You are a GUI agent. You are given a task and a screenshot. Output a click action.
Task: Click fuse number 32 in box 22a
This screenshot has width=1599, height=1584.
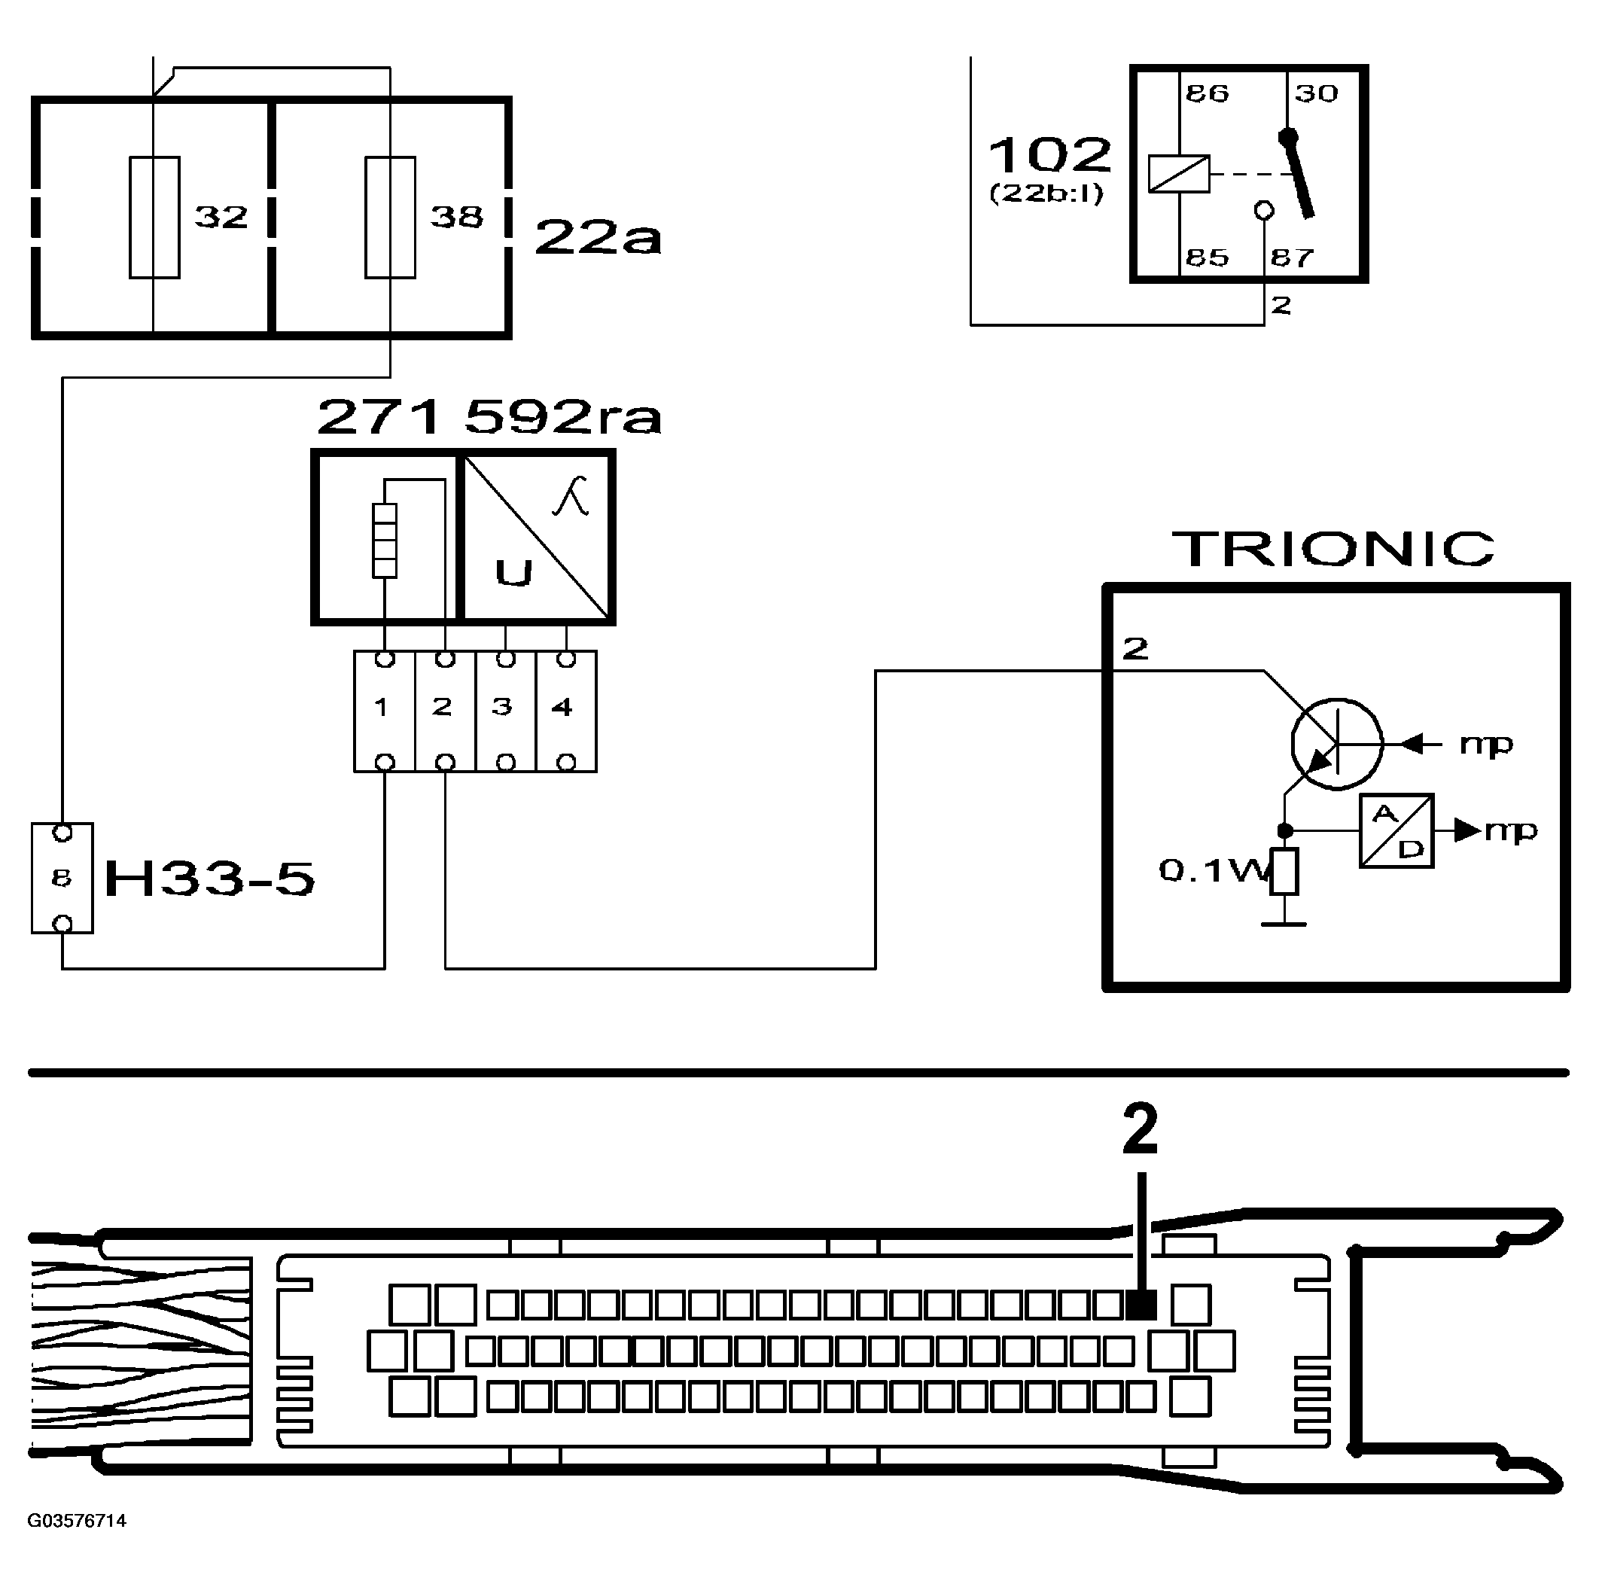coord(156,217)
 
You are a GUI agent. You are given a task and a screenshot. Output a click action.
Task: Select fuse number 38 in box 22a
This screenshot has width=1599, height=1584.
coord(391,217)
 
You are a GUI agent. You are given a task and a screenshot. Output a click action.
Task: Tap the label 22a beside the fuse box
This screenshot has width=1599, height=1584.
coord(598,237)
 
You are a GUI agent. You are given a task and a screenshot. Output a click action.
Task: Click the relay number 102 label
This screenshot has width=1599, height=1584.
coord(1049,155)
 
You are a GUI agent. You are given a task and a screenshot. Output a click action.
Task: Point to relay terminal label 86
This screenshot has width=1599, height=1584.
coord(1207,93)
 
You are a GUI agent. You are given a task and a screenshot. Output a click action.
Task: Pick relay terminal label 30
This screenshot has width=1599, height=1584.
coord(1316,93)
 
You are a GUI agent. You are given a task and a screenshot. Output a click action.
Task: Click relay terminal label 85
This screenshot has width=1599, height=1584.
coord(1207,258)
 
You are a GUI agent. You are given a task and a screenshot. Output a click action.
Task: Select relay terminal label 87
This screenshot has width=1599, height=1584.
coord(1292,258)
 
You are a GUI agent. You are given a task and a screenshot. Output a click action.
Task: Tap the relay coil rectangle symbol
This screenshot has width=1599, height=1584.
coord(1179,174)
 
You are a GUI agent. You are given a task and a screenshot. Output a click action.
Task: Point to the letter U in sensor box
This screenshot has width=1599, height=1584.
coord(513,573)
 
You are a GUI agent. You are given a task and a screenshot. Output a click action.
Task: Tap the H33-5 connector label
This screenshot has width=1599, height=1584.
coord(209,879)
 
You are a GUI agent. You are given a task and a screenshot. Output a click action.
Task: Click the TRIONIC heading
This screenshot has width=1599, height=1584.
coord(1333,549)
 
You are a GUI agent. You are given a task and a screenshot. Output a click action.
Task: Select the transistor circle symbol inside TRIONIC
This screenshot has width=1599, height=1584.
coord(1336,743)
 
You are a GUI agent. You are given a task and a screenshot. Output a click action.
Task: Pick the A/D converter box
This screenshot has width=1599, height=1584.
coord(1396,831)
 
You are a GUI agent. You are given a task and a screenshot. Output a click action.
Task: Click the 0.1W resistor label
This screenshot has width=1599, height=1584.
coord(1210,870)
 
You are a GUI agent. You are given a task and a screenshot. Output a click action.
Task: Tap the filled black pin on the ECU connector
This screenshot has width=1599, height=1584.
coord(1141,1305)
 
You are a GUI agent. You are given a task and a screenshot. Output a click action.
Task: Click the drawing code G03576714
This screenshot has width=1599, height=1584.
coord(77,1521)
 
